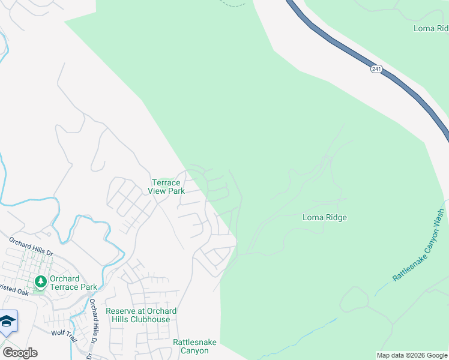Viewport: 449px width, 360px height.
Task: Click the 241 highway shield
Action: coord(376,70)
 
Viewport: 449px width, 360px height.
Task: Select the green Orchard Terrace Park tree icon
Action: coord(41,281)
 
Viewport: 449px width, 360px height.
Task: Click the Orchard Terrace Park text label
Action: coord(73,283)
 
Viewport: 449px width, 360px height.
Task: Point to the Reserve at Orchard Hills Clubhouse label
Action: coord(141,315)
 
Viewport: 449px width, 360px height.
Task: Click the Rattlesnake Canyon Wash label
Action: coord(418,245)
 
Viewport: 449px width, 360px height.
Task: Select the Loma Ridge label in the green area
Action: coord(324,218)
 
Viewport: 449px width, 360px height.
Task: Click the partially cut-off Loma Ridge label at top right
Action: coord(430,28)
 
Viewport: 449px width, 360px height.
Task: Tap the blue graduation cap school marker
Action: coord(8,322)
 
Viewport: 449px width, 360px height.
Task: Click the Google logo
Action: coord(20,353)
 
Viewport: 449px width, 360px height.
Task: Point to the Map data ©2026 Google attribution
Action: coord(412,355)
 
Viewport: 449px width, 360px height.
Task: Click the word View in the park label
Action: coord(158,191)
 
